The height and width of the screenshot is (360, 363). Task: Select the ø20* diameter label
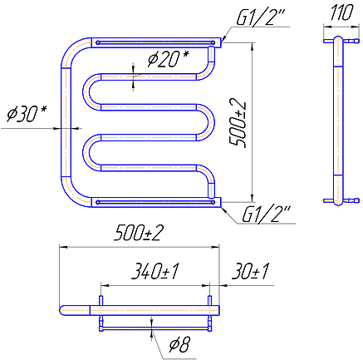coord(168,59)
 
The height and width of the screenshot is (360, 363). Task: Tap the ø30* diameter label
coord(27,114)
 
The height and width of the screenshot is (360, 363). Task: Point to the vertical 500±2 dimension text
coord(238,123)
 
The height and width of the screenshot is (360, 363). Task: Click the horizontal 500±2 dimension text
coord(139,233)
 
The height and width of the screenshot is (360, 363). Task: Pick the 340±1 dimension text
coord(155,271)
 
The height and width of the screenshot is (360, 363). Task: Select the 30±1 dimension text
coord(250,271)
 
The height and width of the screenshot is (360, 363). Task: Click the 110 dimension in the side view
coord(341,12)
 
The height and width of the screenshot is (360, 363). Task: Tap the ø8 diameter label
coord(180,344)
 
